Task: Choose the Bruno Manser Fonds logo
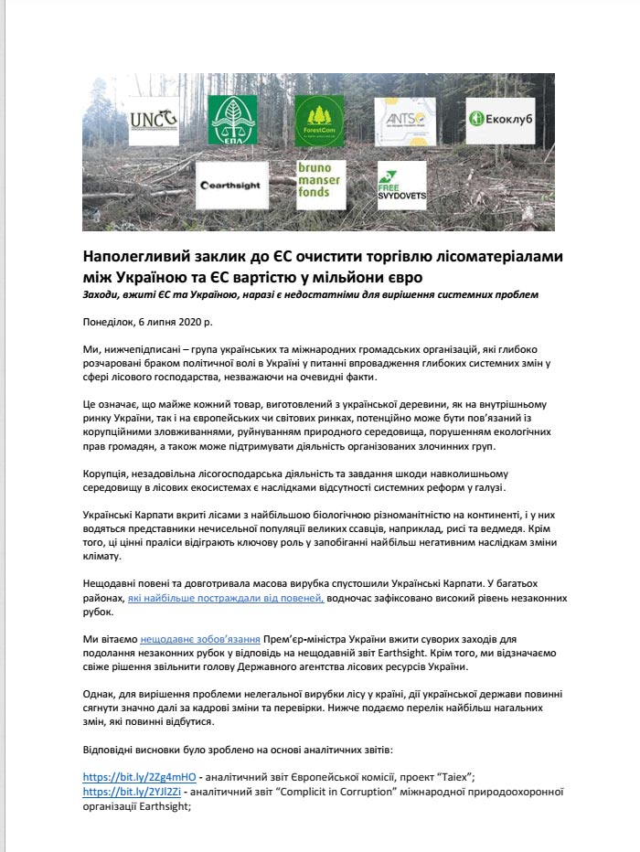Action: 318,186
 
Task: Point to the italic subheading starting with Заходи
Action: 310,294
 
